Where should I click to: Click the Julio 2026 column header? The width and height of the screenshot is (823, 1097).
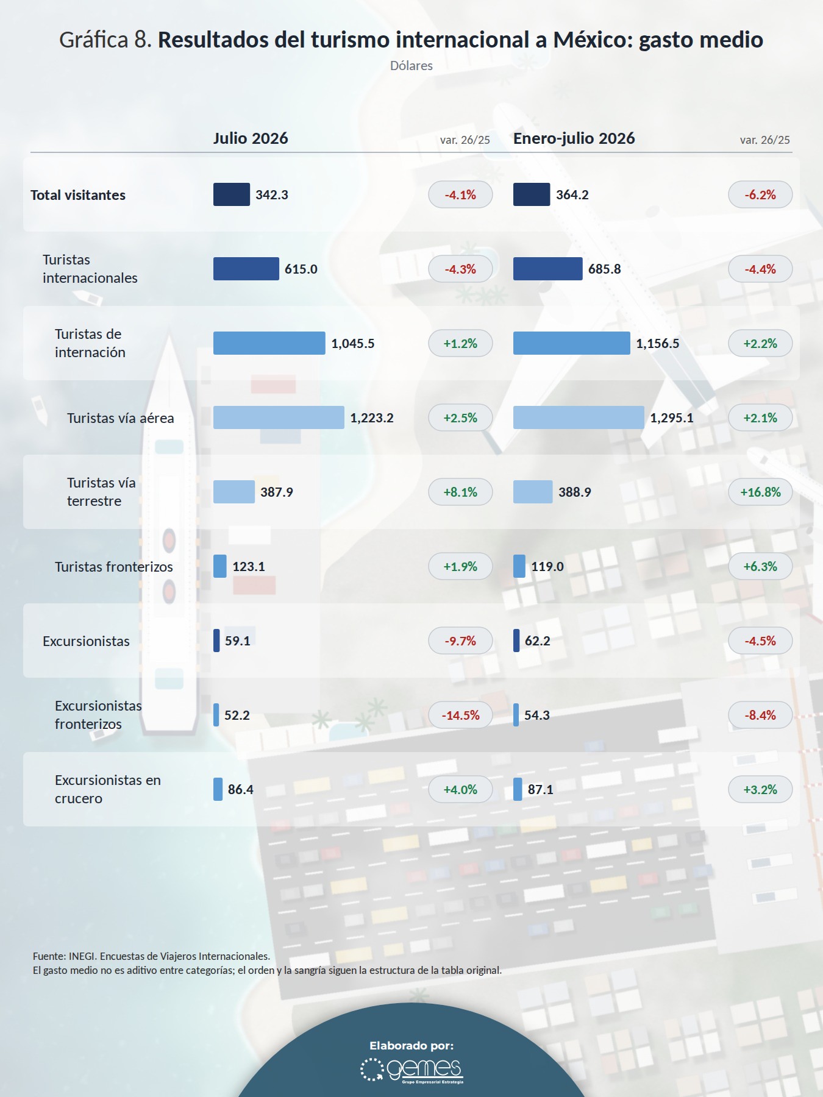[x=251, y=138]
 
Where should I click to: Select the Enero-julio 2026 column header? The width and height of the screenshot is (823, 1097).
[x=574, y=138]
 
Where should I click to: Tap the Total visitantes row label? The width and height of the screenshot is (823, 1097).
[x=78, y=195]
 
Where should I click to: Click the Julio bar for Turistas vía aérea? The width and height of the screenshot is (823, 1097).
[x=279, y=417]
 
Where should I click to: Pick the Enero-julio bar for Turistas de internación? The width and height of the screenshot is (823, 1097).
[x=572, y=343]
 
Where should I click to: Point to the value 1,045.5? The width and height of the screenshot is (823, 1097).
[x=353, y=344]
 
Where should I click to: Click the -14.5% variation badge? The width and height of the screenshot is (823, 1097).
[x=460, y=715]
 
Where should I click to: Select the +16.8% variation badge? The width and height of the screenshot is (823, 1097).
[x=760, y=492]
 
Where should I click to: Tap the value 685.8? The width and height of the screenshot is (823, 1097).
[x=604, y=269]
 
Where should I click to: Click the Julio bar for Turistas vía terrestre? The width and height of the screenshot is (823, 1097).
[x=234, y=492]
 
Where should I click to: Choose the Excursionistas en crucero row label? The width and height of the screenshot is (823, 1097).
[x=108, y=789]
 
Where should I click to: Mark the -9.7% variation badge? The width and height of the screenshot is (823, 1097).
[x=460, y=641]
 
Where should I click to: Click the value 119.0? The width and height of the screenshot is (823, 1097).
[x=547, y=567]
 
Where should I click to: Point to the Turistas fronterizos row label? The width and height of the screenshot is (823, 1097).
[x=114, y=567]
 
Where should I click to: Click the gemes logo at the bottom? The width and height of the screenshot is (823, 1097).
[x=411, y=1070]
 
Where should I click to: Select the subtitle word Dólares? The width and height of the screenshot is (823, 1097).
[x=411, y=66]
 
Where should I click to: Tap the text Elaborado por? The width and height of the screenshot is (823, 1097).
[x=411, y=1046]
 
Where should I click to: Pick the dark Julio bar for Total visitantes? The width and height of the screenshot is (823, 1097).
[x=232, y=194]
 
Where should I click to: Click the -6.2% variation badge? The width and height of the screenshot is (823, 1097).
[x=760, y=194]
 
